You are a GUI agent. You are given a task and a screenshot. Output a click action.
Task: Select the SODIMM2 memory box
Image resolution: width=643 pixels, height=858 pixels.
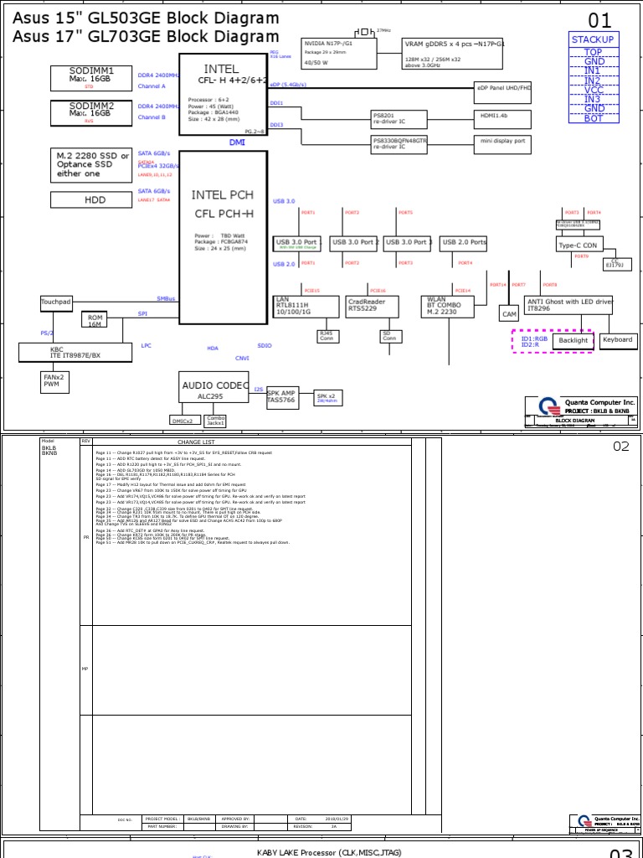pyautogui.click(x=91, y=111)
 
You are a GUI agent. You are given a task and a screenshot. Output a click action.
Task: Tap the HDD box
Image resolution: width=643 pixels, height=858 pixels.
pyautogui.click(x=95, y=199)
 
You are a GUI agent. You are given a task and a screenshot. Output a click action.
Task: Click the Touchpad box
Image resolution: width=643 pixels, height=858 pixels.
pyautogui.click(x=56, y=302)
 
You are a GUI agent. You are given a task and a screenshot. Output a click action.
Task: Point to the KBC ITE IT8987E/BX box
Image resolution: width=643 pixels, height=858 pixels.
pyautogui.click(x=75, y=352)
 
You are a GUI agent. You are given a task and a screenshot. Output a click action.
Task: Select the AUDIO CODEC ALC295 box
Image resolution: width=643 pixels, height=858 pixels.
pyautogui.click(x=215, y=388)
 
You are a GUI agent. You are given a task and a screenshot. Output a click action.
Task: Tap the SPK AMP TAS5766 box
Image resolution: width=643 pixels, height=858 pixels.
pyautogui.click(x=281, y=396)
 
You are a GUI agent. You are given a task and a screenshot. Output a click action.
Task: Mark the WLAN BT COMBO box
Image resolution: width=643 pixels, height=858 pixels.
pyautogui.click(x=445, y=305)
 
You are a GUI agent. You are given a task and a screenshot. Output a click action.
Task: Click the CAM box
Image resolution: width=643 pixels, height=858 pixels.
pyautogui.click(x=509, y=313)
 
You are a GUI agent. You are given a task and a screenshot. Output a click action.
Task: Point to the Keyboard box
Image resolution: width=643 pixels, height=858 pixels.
pyautogui.click(x=617, y=340)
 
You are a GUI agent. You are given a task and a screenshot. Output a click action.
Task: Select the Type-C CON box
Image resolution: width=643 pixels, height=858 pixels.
pyautogui.click(x=579, y=245)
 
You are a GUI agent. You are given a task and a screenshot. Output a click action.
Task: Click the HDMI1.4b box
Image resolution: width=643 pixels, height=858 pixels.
pyautogui.click(x=501, y=116)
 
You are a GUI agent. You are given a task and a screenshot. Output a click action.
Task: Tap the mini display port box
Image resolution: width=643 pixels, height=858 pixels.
pyautogui.click(x=502, y=142)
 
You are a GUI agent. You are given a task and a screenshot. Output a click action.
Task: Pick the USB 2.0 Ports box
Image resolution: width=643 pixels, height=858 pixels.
pyautogui.click(x=463, y=242)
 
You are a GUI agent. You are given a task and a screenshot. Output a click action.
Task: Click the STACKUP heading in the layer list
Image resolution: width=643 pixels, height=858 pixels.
pyautogui.click(x=593, y=39)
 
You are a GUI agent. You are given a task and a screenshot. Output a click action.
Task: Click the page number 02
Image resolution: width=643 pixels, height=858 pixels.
pyautogui.click(x=620, y=446)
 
